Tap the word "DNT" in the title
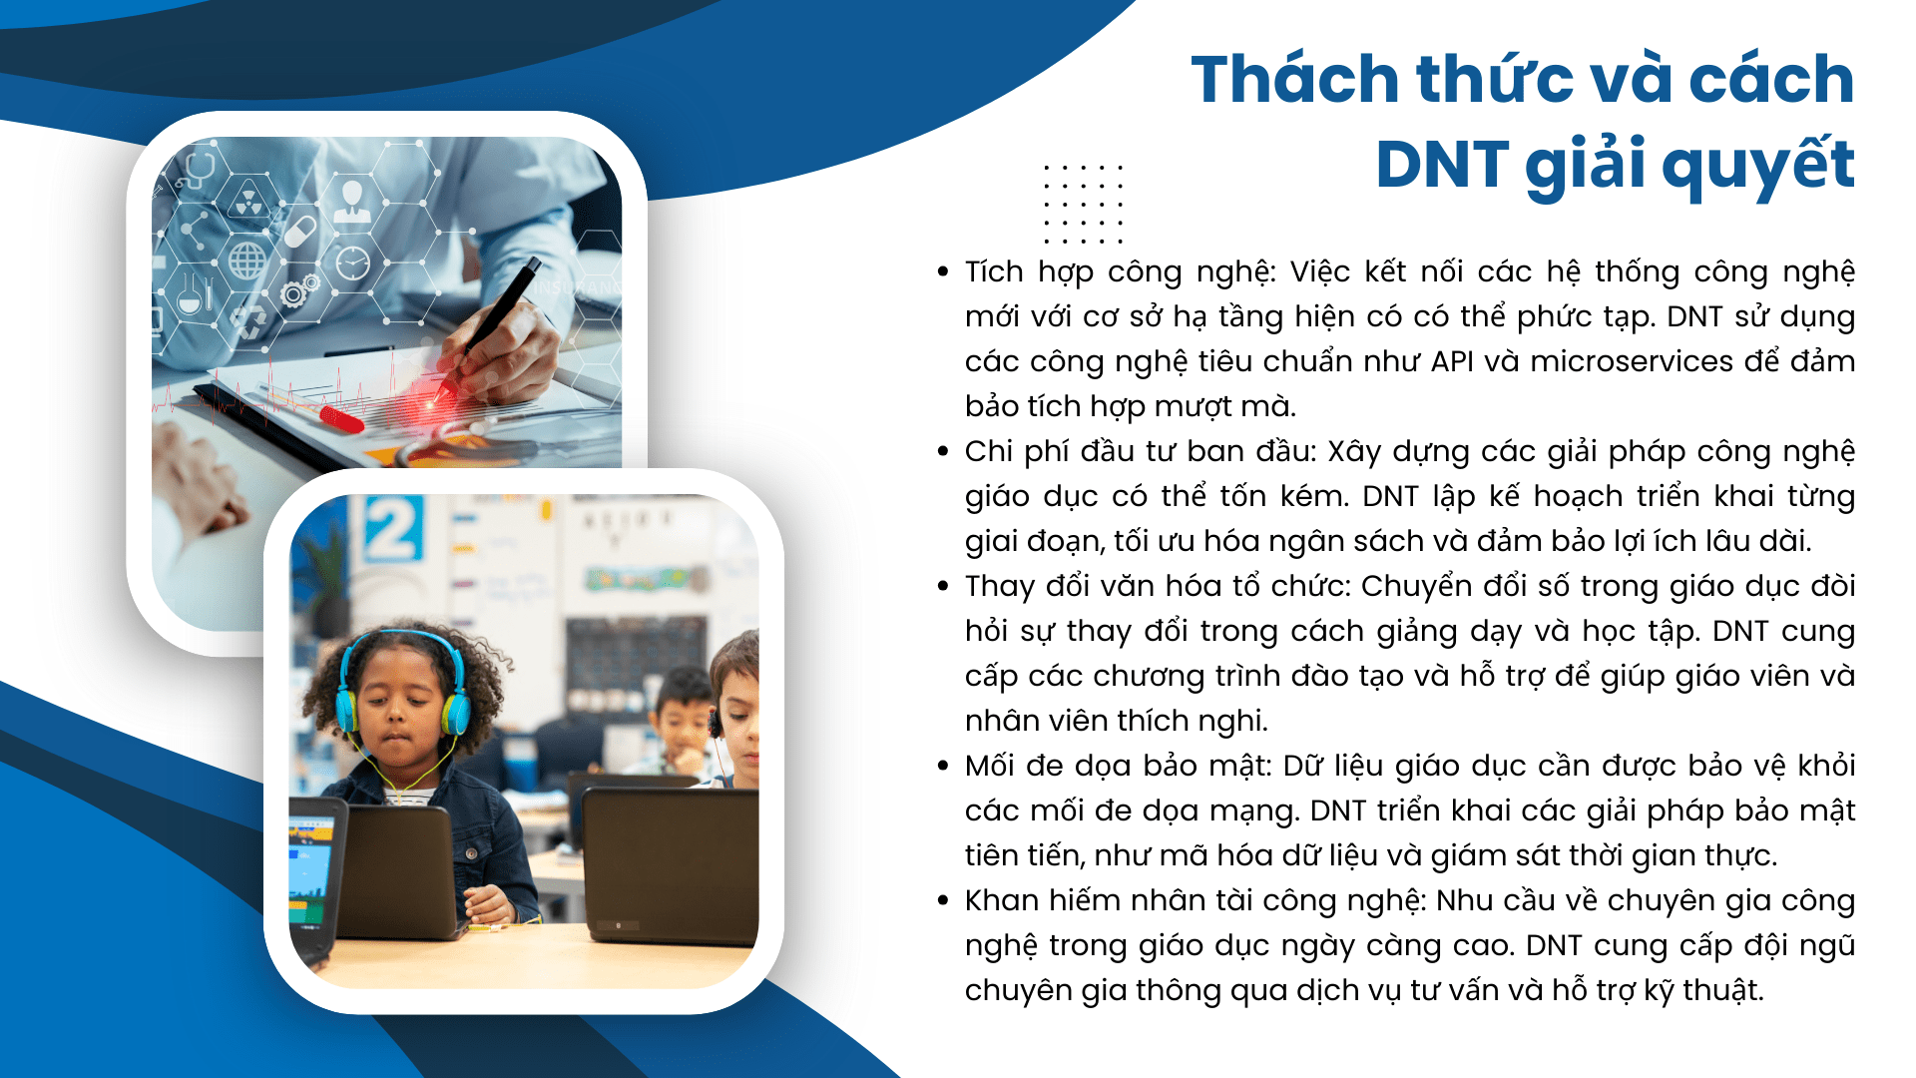[1442, 164]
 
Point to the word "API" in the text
[1452, 361]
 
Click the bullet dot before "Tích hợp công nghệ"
[943, 271]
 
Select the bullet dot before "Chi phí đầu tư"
[943, 451]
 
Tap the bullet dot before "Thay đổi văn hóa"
[943, 586]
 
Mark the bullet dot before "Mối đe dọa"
[943, 766]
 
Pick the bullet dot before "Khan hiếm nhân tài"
[943, 900]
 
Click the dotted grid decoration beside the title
[1083, 204]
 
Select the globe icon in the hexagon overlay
[247, 262]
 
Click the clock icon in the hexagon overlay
[352, 263]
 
